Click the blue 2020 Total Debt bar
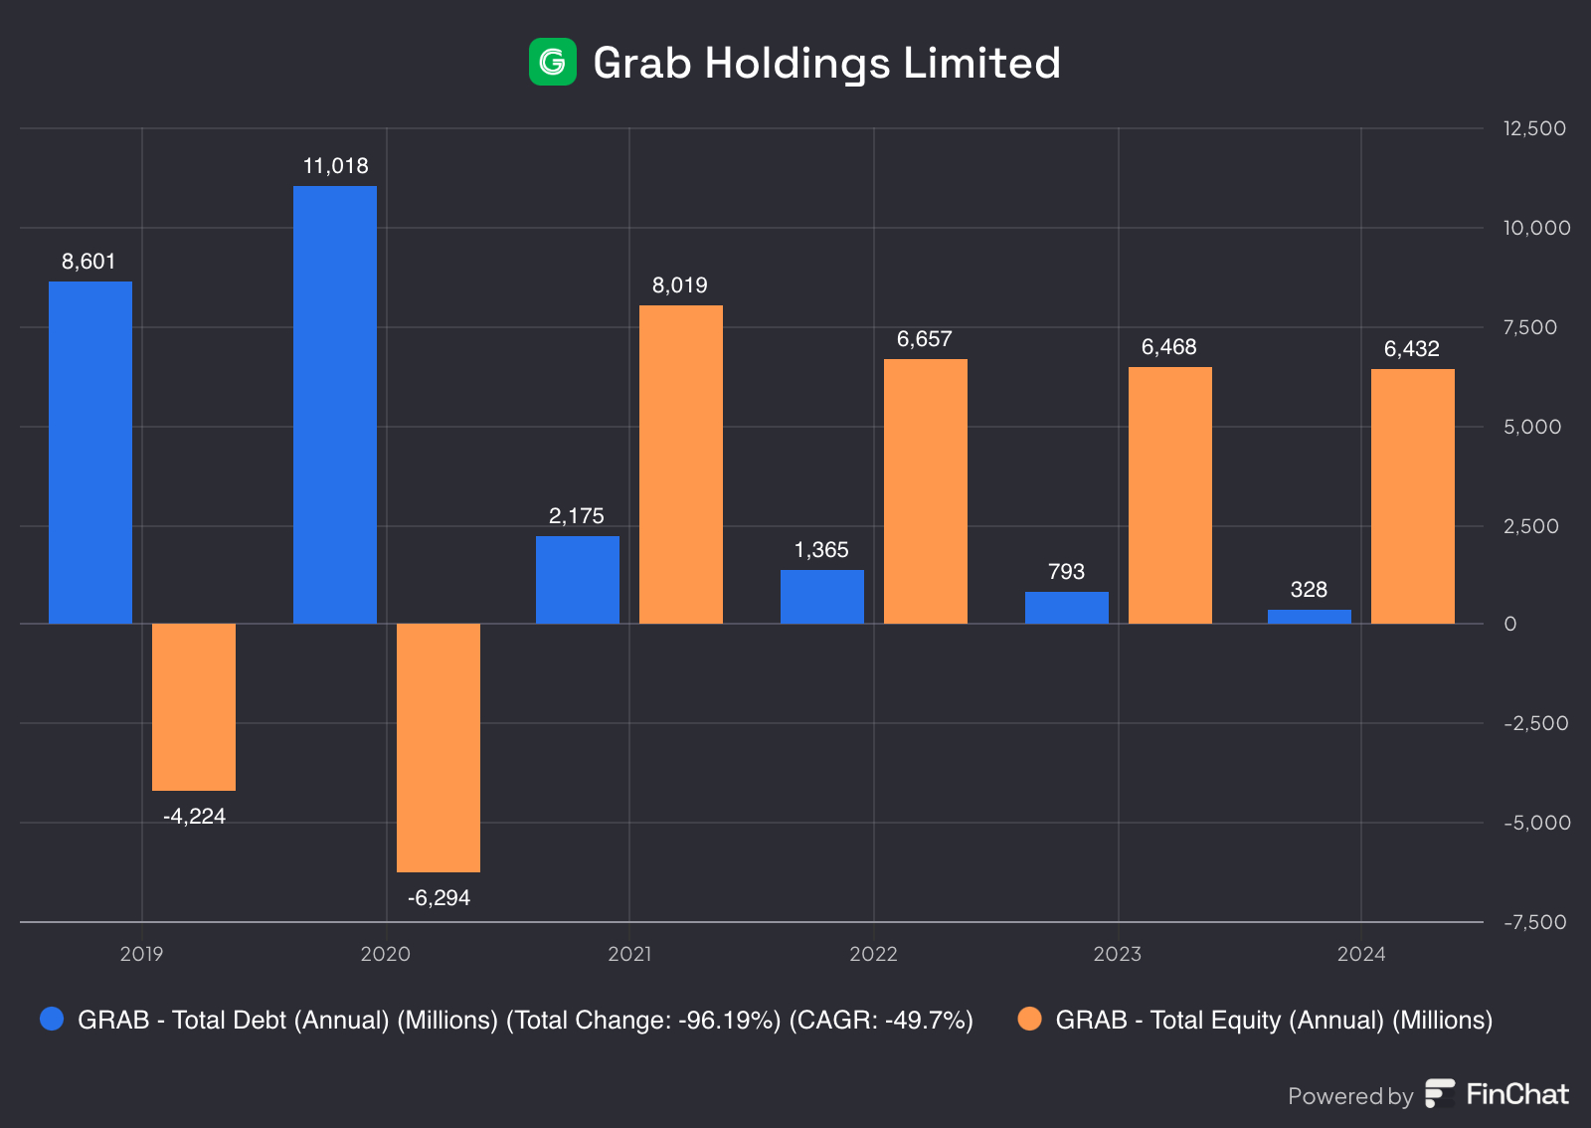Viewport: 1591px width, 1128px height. point(335,404)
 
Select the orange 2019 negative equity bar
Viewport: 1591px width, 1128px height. point(194,706)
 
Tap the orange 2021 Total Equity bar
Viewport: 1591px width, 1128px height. point(680,464)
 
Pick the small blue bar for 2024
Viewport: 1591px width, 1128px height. point(1309,617)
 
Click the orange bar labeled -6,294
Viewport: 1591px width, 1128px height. point(439,747)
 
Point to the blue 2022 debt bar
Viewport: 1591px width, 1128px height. point(821,597)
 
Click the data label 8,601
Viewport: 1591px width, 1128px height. point(88,262)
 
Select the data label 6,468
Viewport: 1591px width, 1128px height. point(1168,347)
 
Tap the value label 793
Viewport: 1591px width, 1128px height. point(1066,572)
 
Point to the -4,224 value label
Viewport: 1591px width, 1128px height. point(194,817)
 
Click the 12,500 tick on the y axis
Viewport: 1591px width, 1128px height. point(1533,128)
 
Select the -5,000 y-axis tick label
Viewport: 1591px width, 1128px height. point(1536,823)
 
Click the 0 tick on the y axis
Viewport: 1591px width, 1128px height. point(1510,624)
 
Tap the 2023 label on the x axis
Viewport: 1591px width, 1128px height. point(1118,954)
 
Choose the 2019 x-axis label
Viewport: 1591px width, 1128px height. point(141,954)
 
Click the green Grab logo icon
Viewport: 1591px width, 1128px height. point(552,62)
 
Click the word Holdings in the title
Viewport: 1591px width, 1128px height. point(797,64)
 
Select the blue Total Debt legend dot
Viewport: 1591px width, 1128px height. point(52,1019)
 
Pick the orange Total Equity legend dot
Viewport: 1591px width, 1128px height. point(1030,1019)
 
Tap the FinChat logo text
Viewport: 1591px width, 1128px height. point(1516,1094)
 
